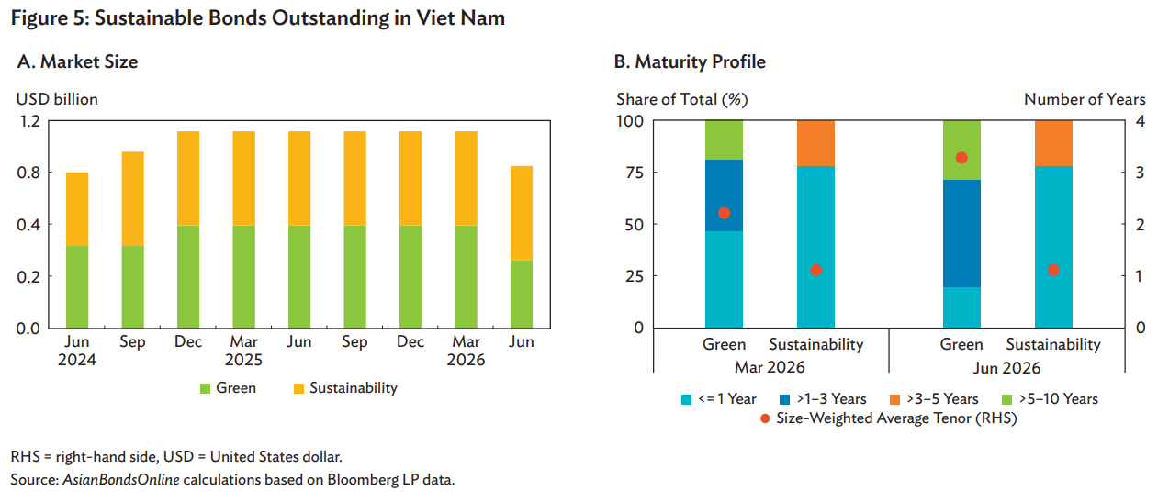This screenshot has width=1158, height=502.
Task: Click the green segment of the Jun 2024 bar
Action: tap(77, 286)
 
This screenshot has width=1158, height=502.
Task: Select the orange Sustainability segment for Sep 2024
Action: tap(132, 199)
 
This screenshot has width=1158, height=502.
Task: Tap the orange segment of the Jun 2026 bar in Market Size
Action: tap(521, 213)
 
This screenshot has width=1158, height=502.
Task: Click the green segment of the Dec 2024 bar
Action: tap(188, 277)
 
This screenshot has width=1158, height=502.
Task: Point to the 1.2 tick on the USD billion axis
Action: tap(29, 121)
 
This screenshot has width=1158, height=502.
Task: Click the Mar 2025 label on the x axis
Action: tap(243, 351)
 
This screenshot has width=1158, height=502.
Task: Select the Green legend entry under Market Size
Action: tap(228, 388)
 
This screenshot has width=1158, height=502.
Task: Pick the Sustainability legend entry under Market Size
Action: tap(345, 388)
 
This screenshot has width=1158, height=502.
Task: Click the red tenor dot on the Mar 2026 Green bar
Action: tap(724, 213)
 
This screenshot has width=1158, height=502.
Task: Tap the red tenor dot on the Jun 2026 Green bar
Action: tap(961, 158)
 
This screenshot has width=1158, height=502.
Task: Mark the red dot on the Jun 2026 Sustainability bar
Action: tap(1053, 270)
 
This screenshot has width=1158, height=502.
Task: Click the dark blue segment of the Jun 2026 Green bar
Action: tap(961, 233)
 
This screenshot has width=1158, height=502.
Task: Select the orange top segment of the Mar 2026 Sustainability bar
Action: tap(815, 143)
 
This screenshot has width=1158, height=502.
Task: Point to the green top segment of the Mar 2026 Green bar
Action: tap(724, 140)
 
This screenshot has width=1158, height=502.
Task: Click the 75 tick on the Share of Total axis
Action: tap(634, 173)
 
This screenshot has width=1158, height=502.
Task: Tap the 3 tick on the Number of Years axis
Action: tap(1140, 173)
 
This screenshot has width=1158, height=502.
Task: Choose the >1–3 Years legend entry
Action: tap(823, 399)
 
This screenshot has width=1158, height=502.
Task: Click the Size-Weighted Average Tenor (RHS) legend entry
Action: tap(889, 418)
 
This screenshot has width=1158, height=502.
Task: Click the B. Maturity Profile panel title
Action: tap(690, 62)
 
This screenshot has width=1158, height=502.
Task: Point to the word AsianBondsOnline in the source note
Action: tap(121, 480)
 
